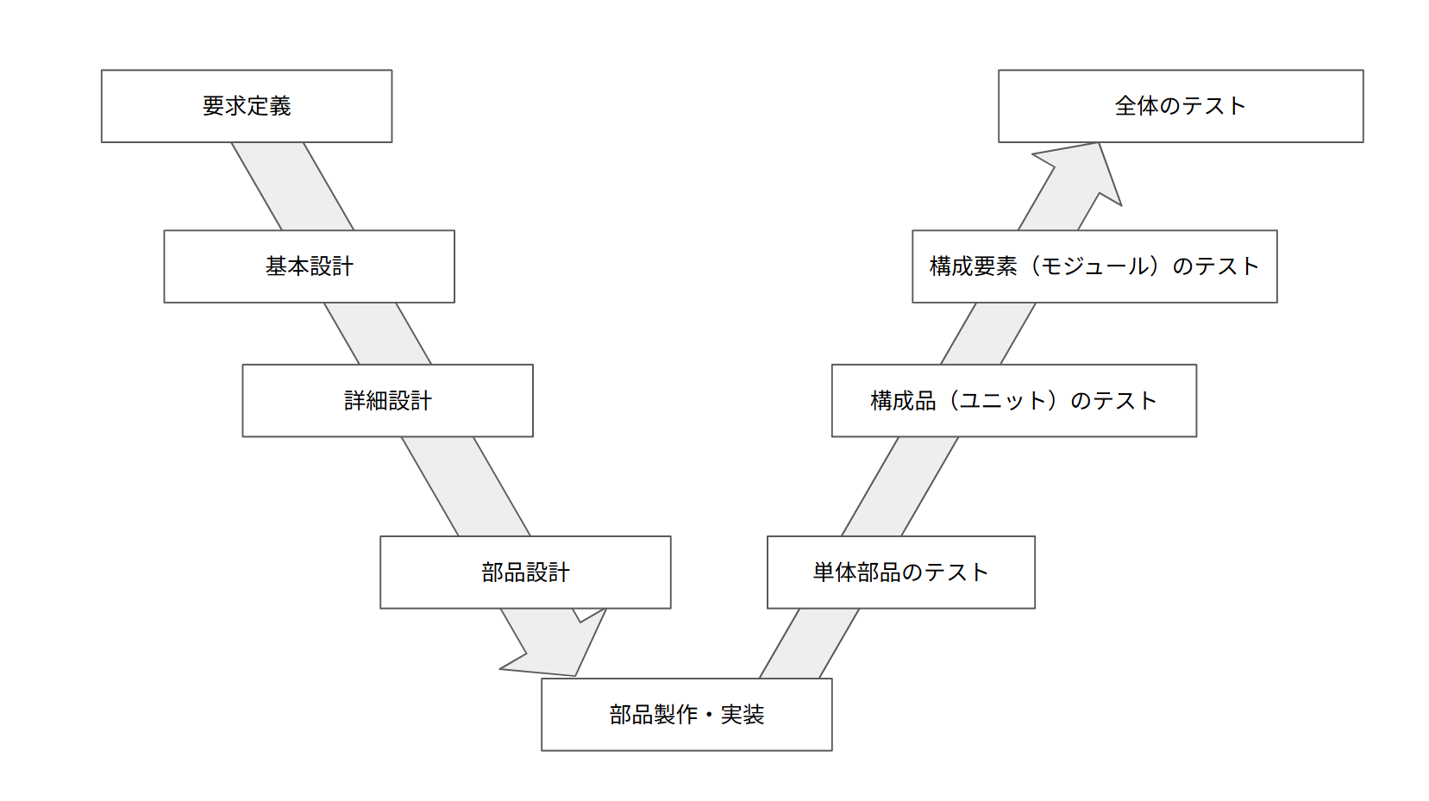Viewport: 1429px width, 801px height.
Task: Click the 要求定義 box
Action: [247, 106]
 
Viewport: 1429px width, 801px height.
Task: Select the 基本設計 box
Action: [309, 266]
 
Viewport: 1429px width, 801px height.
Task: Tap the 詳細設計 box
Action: [387, 401]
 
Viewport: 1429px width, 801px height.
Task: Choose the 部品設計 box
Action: [525, 573]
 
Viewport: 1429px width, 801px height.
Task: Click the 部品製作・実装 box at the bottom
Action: [686, 715]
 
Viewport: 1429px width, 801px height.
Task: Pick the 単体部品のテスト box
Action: [900, 573]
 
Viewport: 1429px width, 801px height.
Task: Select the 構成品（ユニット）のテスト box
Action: [1013, 401]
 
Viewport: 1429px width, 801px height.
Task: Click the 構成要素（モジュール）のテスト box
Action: [1094, 266]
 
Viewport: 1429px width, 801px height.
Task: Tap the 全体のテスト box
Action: [1181, 106]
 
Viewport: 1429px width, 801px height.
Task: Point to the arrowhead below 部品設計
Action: [561, 651]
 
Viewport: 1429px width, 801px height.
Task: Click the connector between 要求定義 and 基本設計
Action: [292, 186]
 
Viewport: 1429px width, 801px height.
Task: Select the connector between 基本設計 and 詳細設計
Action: [378, 334]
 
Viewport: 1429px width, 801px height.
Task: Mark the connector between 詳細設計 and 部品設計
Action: [466, 486]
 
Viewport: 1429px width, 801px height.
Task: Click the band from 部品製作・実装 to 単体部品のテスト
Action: [809, 643]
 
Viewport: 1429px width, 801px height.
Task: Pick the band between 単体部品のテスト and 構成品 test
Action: [900, 486]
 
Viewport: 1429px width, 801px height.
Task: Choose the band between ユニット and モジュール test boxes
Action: [988, 334]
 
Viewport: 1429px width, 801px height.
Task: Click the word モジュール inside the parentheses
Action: [1095, 266]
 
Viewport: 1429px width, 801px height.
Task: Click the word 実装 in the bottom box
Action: [743, 715]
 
